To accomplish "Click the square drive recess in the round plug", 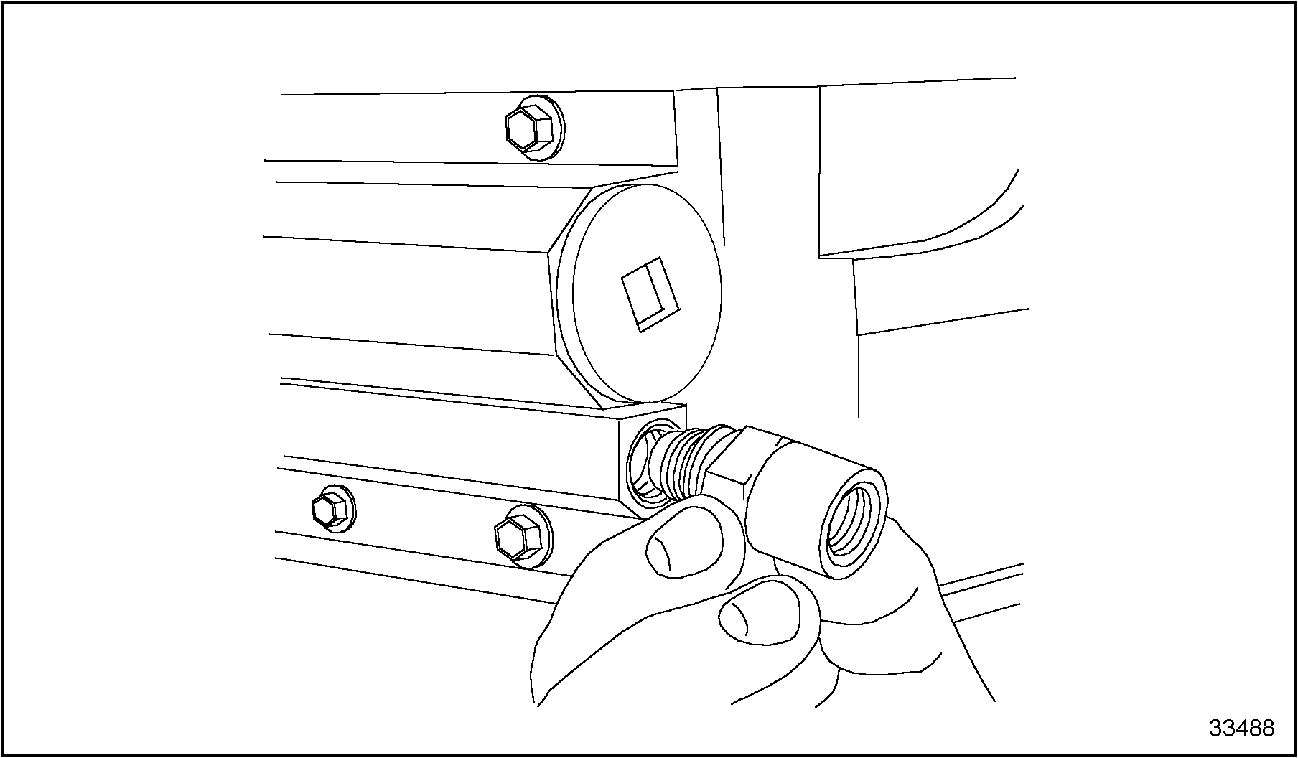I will point(650,294).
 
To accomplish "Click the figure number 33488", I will point(1242,729).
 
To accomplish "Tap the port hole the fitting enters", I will point(644,467).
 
